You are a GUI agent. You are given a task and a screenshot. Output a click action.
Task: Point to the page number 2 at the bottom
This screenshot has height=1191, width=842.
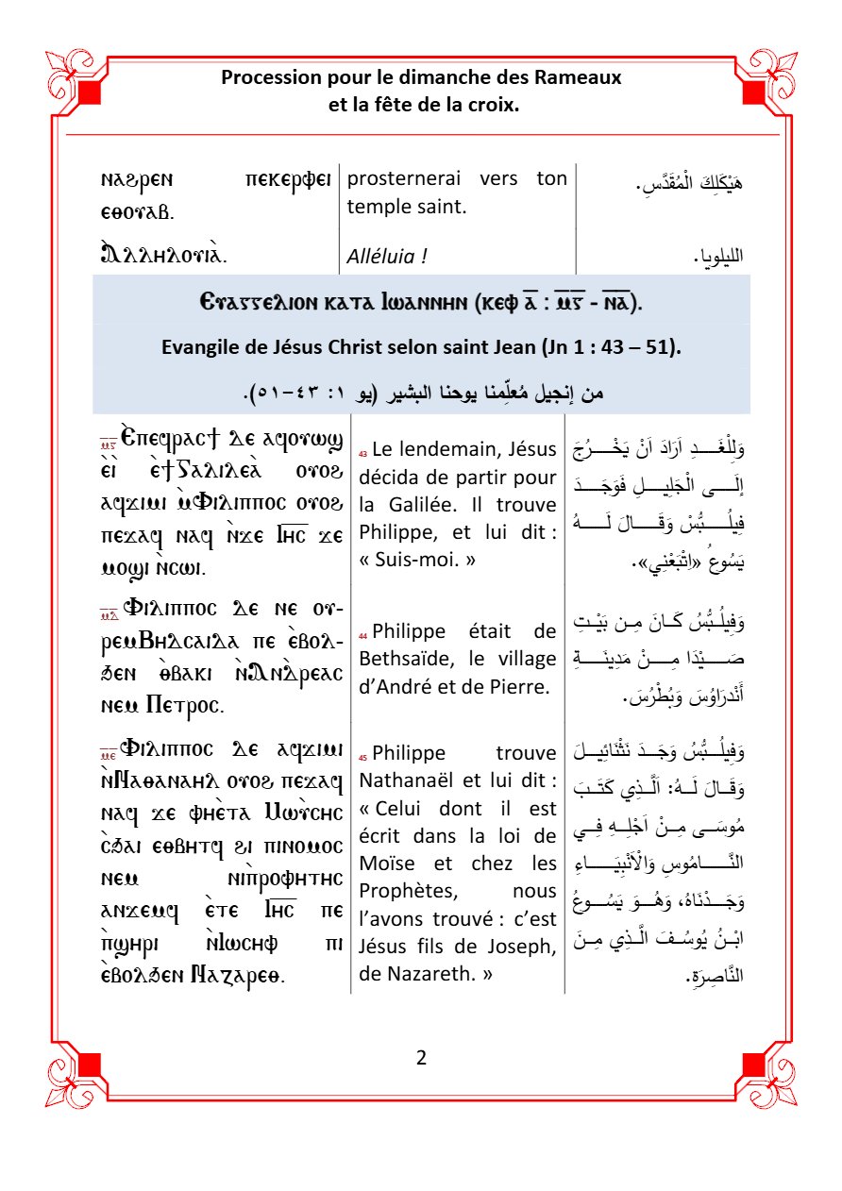(x=421, y=1057)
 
